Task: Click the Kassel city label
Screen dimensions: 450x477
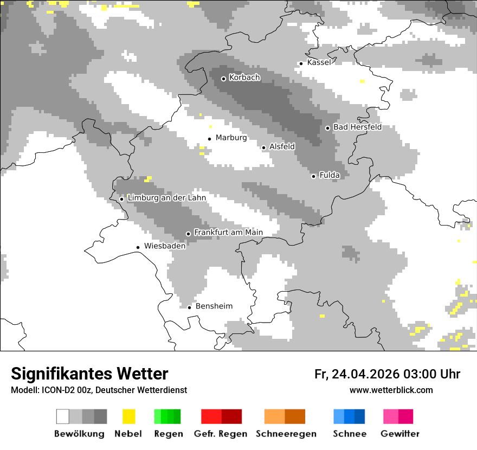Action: [x=319, y=63]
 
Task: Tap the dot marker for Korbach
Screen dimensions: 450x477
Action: [x=223, y=79]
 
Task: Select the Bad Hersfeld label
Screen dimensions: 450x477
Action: [x=357, y=127]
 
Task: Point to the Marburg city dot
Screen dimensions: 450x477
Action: [x=210, y=139]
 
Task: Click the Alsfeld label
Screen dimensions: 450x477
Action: [x=282, y=147]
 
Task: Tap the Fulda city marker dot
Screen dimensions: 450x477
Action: [x=313, y=176]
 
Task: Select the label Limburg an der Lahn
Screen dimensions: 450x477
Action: [x=166, y=198]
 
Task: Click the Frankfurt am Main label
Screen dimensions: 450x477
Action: [x=228, y=233]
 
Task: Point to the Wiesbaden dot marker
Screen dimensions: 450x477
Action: [x=138, y=247]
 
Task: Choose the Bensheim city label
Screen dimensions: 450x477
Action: [x=214, y=306]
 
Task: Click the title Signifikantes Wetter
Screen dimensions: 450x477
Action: [x=89, y=374]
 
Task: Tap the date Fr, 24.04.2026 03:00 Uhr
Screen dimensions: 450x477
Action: [x=387, y=374]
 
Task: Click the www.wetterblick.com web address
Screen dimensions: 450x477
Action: [x=391, y=390]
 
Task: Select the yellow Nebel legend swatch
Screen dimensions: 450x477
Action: [x=128, y=416]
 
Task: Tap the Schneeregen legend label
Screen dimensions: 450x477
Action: [x=286, y=434]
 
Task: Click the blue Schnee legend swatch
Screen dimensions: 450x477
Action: [x=349, y=416]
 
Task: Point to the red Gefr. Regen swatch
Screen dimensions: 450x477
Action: [x=221, y=416]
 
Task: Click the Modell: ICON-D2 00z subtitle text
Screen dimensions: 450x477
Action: [x=99, y=390]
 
